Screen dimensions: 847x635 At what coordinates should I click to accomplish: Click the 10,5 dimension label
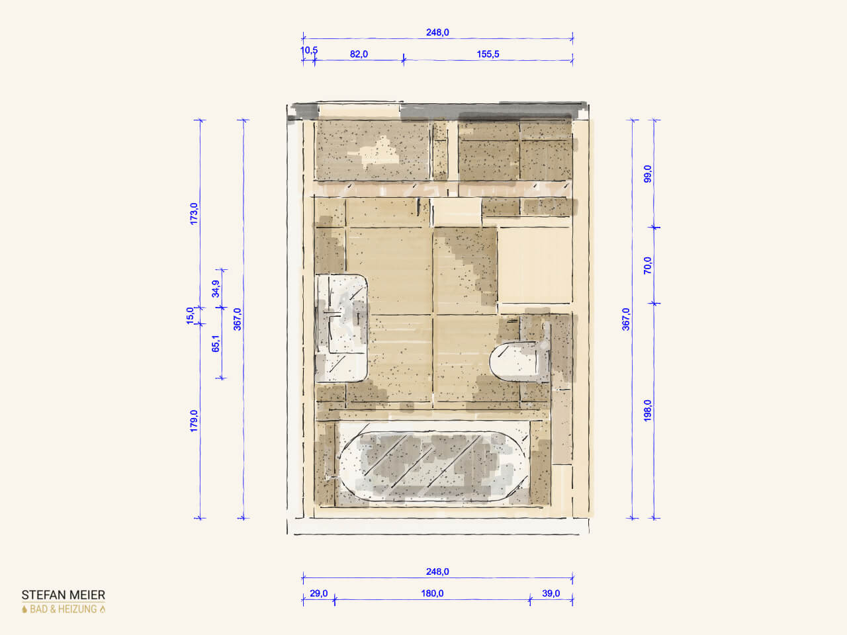click(x=309, y=50)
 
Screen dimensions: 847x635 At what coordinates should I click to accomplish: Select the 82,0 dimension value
click(x=359, y=54)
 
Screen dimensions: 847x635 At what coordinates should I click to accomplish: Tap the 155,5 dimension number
click(x=488, y=54)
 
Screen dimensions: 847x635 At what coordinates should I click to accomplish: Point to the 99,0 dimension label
click(x=648, y=174)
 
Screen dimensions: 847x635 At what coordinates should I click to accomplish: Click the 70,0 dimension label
click(x=648, y=265)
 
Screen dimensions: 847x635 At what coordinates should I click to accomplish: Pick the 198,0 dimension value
click(x=648, y=411)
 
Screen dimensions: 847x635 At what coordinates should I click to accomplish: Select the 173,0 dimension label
click(x=194, y=214)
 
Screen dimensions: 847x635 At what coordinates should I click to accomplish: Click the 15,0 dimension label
click(x=190, y=316)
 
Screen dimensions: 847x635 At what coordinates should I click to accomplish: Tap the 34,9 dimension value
click(x=216, y=289)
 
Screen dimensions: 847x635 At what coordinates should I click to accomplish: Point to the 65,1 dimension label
click(x=216, y=343)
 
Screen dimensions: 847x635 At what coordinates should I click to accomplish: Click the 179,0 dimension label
click(x=194, y=421)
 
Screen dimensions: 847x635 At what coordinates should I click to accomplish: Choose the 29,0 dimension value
click(x=319, y=593)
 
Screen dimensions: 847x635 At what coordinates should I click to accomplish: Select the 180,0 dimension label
click(x=432, y=593)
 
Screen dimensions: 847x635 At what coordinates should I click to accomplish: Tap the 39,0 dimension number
click(x=551, y=593)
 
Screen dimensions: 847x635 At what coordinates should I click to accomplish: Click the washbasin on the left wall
click(x=341, y=328)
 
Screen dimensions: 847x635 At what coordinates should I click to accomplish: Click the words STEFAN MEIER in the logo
click(x=64, y=595)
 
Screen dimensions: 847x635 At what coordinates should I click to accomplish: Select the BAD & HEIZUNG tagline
click(x=64, y=609)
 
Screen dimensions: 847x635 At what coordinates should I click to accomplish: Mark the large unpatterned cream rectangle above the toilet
click(x=535, y=265)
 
